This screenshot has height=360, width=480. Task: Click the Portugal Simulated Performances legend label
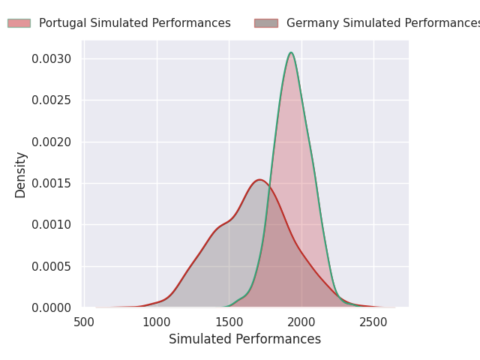point(135,23)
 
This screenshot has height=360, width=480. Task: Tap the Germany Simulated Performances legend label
point(382,23)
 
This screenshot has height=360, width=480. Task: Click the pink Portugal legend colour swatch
point(19,23)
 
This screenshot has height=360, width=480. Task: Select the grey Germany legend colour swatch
point(265,23)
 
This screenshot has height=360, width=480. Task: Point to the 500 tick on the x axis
point(85,322)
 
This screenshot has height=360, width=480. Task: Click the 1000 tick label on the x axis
point(157,322)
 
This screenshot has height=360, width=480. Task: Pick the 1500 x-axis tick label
point(229,322)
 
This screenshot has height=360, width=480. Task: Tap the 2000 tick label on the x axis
point(301,322)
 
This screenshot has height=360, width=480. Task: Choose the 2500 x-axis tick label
point(373,322)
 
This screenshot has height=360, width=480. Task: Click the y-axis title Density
point(21,174)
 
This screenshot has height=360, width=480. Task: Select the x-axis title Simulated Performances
point(244,339)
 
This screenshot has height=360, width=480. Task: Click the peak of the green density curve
point(291,52)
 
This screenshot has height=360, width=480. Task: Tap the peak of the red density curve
point(259,180)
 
